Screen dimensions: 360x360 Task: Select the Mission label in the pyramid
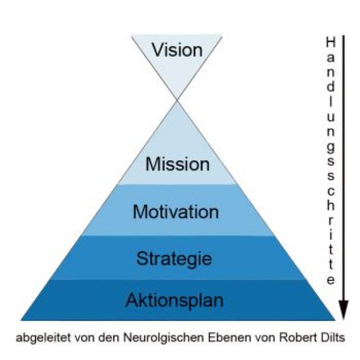(x=178, y=165)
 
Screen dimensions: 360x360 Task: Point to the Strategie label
(x=174, y=259)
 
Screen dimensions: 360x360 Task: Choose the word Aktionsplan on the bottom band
(x=175, y=300)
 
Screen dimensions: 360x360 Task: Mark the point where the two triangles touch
(x=177, y=100)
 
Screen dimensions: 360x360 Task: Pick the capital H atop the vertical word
(x=330, y=42)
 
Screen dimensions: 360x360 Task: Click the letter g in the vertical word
(x=330, y=145)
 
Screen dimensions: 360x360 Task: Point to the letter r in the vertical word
(x=330, y=220)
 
